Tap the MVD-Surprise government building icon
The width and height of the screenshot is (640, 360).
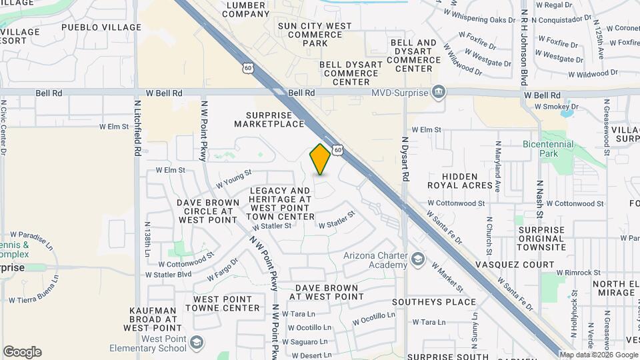click(x=439, y=91)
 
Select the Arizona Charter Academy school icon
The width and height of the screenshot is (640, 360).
click(x=418, y=259)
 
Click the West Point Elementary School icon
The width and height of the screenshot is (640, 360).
click(x=196, y=343)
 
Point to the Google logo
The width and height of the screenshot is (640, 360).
click(x=22, y=352)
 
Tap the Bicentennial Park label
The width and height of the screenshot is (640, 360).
click(x=549, y=148)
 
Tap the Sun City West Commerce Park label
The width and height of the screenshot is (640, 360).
click(x=314, y=34)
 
